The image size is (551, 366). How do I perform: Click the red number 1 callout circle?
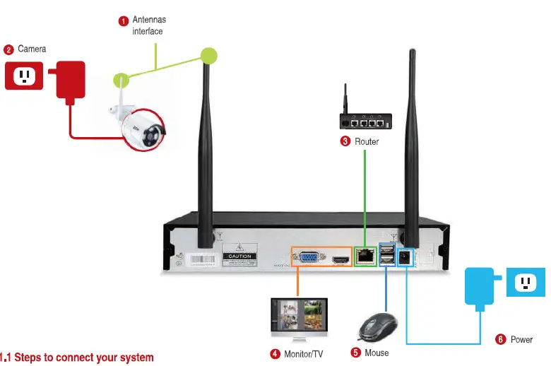[x=123, y=20]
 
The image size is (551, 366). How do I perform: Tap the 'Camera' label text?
[x=32, y=49]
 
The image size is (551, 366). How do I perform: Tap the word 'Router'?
[x=367, y=141]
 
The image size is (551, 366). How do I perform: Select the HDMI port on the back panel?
[x=342, y=261]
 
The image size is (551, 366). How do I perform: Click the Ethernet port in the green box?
[x=366, y=255]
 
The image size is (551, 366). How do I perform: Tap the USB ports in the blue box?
[x=387, y=255]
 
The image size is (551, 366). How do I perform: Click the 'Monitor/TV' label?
[x=303, y=353]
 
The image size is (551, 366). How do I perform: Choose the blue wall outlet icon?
[x=525, y=283]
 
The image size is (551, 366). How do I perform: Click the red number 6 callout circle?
[x=501, y=340]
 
